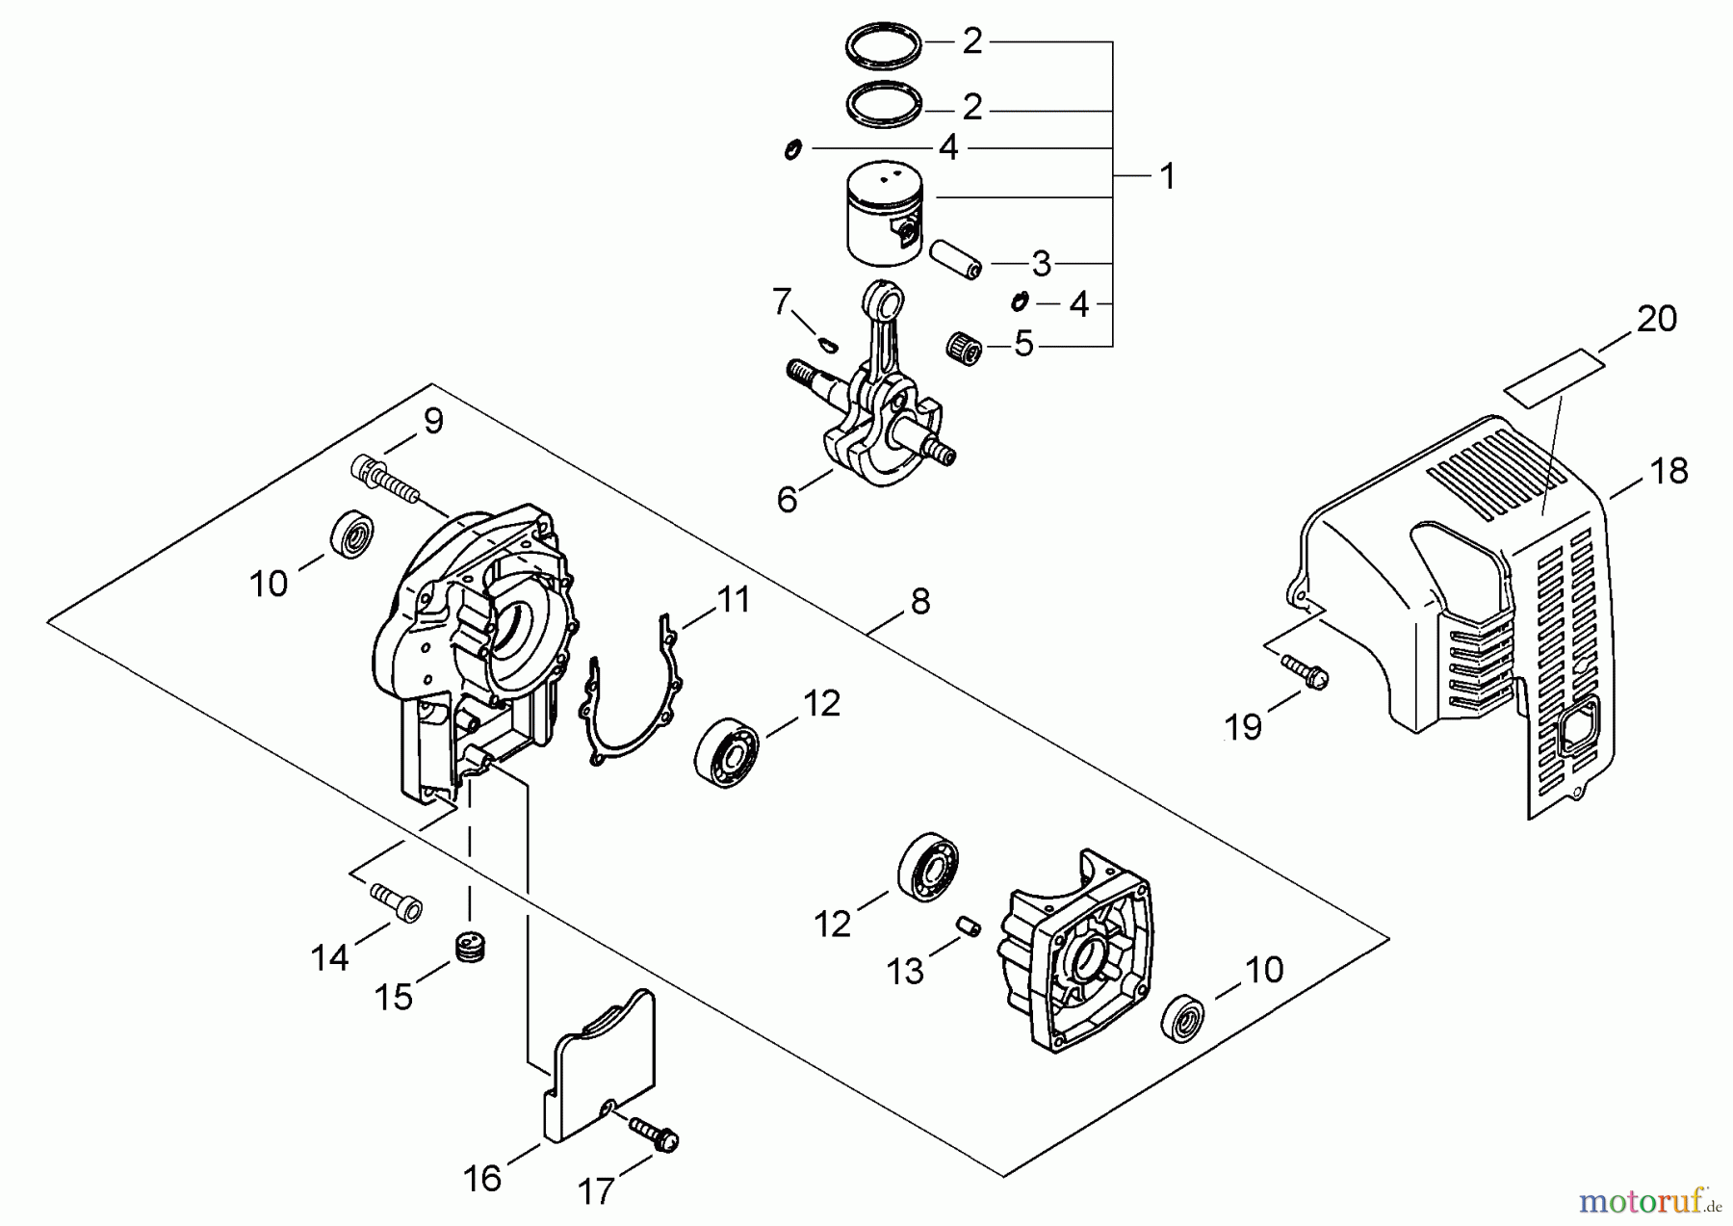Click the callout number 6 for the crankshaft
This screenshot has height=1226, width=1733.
point(788,500)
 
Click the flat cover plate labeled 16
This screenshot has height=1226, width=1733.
point(597,1069)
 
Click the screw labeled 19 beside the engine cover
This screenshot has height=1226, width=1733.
point(1305,670)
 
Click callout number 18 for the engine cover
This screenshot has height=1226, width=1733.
point(1669,471)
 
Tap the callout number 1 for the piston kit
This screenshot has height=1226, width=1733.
point(1167,176)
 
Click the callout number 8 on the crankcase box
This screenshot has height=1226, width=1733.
point(920,602)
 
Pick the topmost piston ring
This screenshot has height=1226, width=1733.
point(884,50)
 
